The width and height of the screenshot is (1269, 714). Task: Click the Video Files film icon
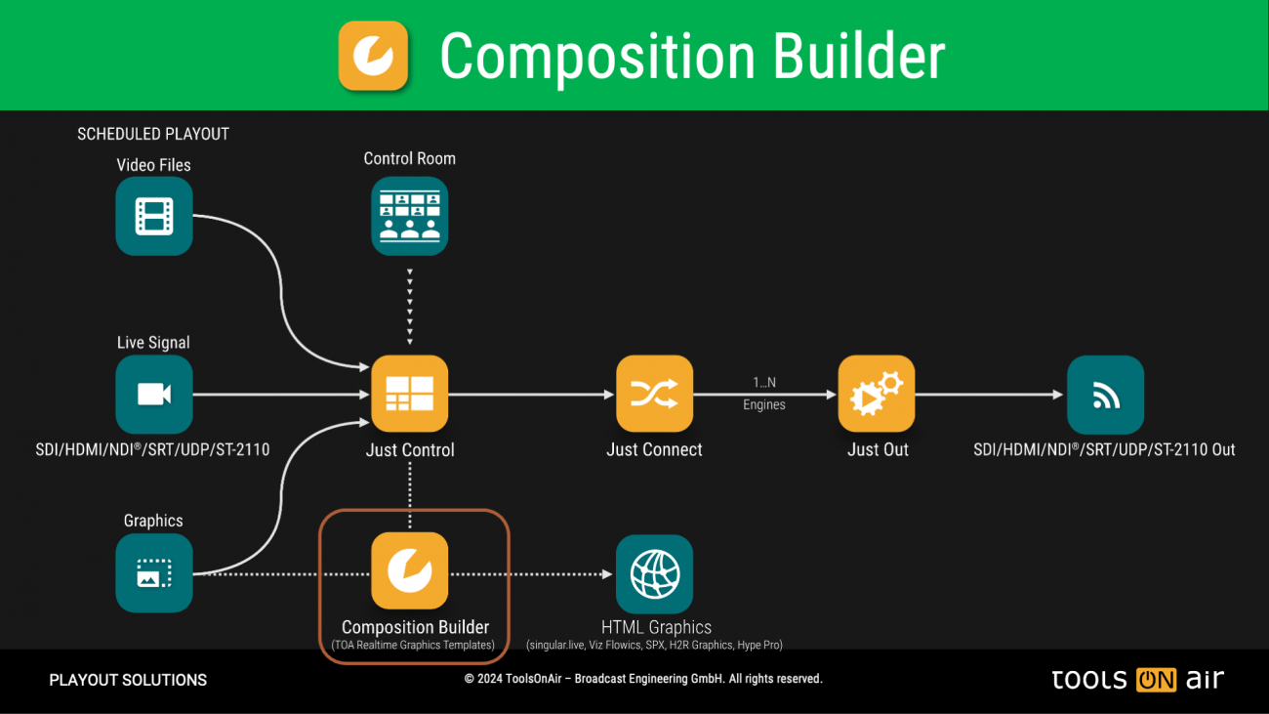(154, 216)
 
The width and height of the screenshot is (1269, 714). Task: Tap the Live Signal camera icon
(154, 394)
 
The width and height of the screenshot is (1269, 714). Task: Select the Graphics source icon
(154, 573)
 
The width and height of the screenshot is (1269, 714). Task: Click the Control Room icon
(410, 216)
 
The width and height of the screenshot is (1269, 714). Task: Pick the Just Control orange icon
(410, 394)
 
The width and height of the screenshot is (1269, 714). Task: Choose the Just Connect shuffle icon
(654, 394)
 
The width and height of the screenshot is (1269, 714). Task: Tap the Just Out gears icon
(877, 394)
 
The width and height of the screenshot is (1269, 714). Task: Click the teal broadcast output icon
(1105, 395)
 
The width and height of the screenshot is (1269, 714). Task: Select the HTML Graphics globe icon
(654, 573)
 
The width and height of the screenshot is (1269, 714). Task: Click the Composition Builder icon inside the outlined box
(410, 571)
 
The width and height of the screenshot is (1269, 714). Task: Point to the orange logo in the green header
(373, 56)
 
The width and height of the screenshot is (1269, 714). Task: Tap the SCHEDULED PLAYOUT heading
(153, 134)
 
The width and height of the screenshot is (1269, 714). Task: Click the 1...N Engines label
(763, 393)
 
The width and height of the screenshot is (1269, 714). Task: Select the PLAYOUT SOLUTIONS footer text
(128, 680)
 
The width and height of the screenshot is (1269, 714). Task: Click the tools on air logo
(1137, 680)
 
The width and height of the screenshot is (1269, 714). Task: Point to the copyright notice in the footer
(643, 679)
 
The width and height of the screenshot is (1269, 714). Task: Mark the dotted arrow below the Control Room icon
(410, 305)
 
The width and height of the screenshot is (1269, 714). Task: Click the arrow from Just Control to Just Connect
(531, 395)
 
